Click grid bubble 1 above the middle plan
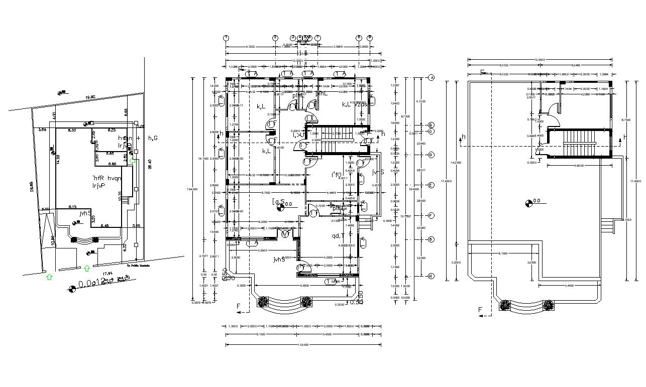pos(226,38)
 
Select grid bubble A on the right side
pos(431,77)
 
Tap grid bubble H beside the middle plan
pos(431,276)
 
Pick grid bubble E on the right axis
pos(431,185)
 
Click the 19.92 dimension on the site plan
pos(90,97)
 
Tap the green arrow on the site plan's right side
pos(133,160)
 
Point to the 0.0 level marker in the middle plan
pos(280,205)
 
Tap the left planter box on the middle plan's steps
pos(263,302)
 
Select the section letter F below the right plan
pos(480,310)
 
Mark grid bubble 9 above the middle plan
pos(370,38)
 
